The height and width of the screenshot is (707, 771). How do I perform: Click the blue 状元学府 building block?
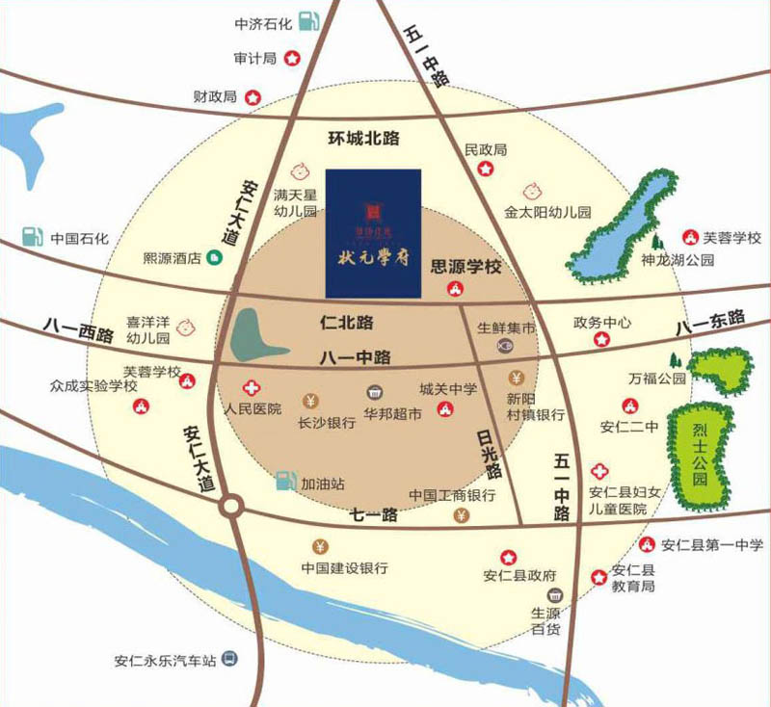point(373,233)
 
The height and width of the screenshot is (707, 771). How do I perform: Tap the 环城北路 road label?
point(363,139)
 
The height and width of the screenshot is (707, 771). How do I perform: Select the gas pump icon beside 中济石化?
point(307,19)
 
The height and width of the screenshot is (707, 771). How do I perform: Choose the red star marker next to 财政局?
point(253,96)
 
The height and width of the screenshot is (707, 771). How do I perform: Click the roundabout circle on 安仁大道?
point(231,506)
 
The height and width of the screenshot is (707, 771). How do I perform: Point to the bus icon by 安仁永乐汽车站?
point(229,661)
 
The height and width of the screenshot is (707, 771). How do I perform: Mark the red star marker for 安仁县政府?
point(508,557)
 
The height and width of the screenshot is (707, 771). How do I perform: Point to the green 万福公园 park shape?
point(720,368)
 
